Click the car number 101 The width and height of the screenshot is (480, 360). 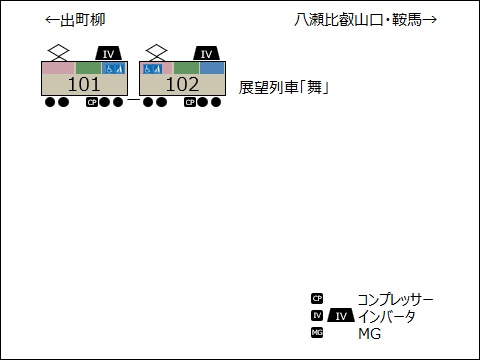tap(84, 85)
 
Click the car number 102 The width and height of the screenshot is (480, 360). tap(182, 85)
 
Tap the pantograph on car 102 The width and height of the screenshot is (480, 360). tap(155, 52)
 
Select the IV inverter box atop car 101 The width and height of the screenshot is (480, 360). tap(109, 54)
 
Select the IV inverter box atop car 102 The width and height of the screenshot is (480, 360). tap(205, 54)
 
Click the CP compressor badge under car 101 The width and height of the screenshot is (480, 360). tap(92, 101)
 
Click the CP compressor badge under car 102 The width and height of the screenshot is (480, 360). tap(189, 101)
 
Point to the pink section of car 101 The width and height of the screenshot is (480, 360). tap(58, 68)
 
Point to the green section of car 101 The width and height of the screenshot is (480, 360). tap(88, 68)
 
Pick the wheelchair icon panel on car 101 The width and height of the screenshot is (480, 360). tap(114, 68)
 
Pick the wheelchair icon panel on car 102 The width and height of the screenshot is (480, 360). tap(152, 68)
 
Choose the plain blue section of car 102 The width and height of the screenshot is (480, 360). tap(211, 68)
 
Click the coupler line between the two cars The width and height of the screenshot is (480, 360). tap(133, 101)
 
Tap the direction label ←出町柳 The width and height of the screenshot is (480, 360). tap(75, 20)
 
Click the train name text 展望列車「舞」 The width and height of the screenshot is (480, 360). tap(285, 87)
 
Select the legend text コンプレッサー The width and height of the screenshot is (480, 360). tap(395, 299)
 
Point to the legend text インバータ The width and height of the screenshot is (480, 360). tap(386, 316)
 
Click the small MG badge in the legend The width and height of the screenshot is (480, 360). tap(317, 333)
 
